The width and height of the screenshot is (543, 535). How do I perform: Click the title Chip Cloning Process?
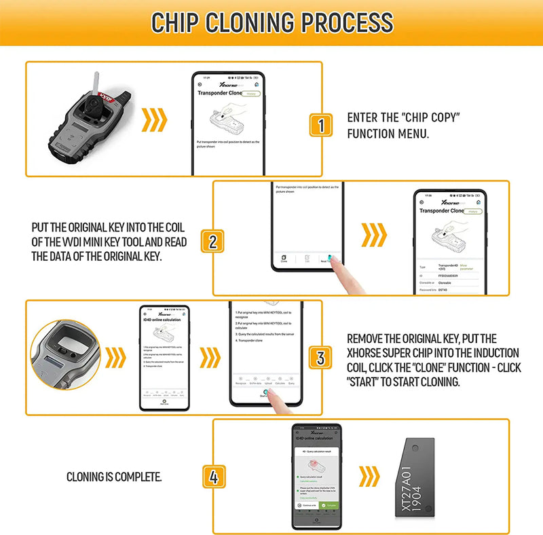point(271,22)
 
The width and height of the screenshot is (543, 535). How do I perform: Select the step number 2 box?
point(212,241)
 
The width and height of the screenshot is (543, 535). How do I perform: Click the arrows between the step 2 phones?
point(374,235)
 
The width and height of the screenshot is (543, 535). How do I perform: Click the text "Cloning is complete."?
point(114,477)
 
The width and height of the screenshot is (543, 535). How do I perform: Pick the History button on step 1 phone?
point(250,94)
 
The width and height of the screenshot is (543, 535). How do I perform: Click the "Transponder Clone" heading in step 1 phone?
point(217,95)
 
